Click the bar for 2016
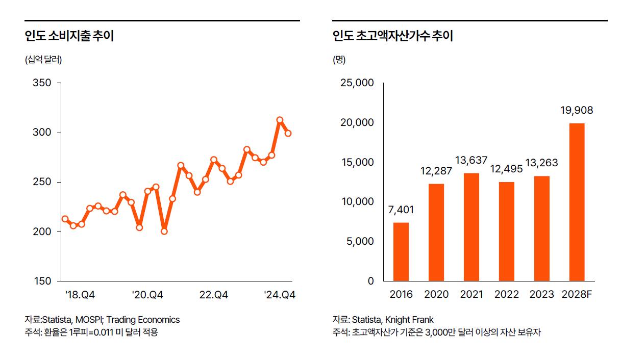coord(401,251)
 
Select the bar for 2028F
coord(577,202)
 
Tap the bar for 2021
coord(471,227)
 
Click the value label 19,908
coord(577,111)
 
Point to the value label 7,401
coord(401,210)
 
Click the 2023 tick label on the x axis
coord(542,295)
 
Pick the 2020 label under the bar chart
coord(436,295)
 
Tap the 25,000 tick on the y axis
coord(357,83)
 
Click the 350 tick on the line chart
coord(42,83)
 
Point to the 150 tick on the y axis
coord(42,281)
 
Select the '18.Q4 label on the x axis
coord(80,295)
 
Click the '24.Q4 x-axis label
coord(280,295)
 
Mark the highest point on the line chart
coord(280,120)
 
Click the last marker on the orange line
coord(288,133)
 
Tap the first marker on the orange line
coord(65,219)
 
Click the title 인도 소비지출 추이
coord(69,36)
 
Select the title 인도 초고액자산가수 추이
coord(392,36)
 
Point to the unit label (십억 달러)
coord(43,60)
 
